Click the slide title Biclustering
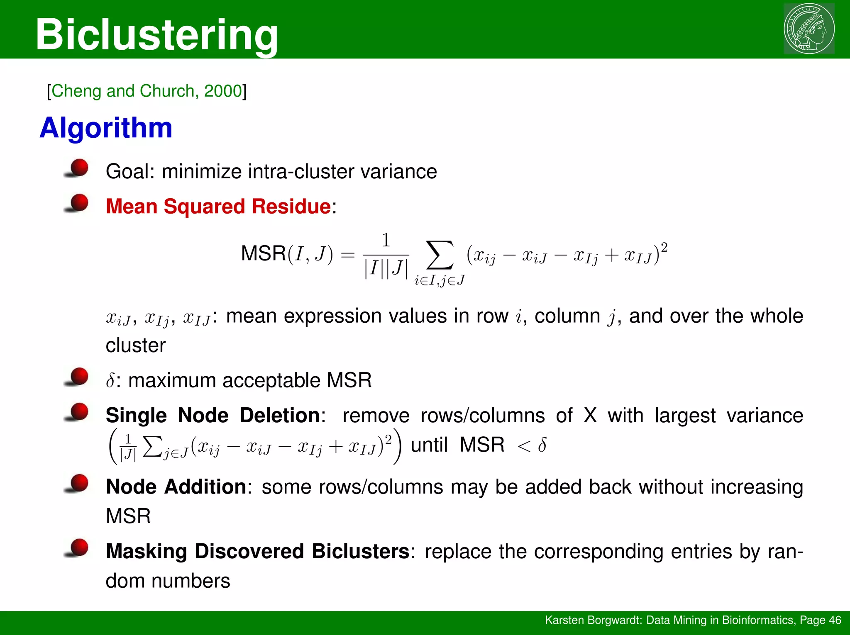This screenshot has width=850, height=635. (157, 35)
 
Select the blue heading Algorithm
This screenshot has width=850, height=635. (106, 128)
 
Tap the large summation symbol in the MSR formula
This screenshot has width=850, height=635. (440, 255)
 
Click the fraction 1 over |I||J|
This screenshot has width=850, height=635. (386, 255)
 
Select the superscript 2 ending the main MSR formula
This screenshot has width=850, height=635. (664, 248)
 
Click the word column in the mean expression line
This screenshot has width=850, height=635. (567, 316)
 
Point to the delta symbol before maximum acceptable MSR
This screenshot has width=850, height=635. (110, 380)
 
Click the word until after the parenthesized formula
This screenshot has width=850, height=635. (429, 445)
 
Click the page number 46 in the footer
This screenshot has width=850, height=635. (835, 620)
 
